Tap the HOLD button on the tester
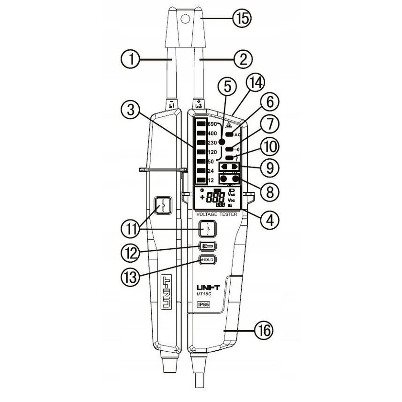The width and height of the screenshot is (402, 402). click(207, 260)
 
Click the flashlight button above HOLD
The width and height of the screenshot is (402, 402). click(207, 246)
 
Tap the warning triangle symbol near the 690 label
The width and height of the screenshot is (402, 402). click(228, 125)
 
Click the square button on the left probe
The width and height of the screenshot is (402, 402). click(164, 206)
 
